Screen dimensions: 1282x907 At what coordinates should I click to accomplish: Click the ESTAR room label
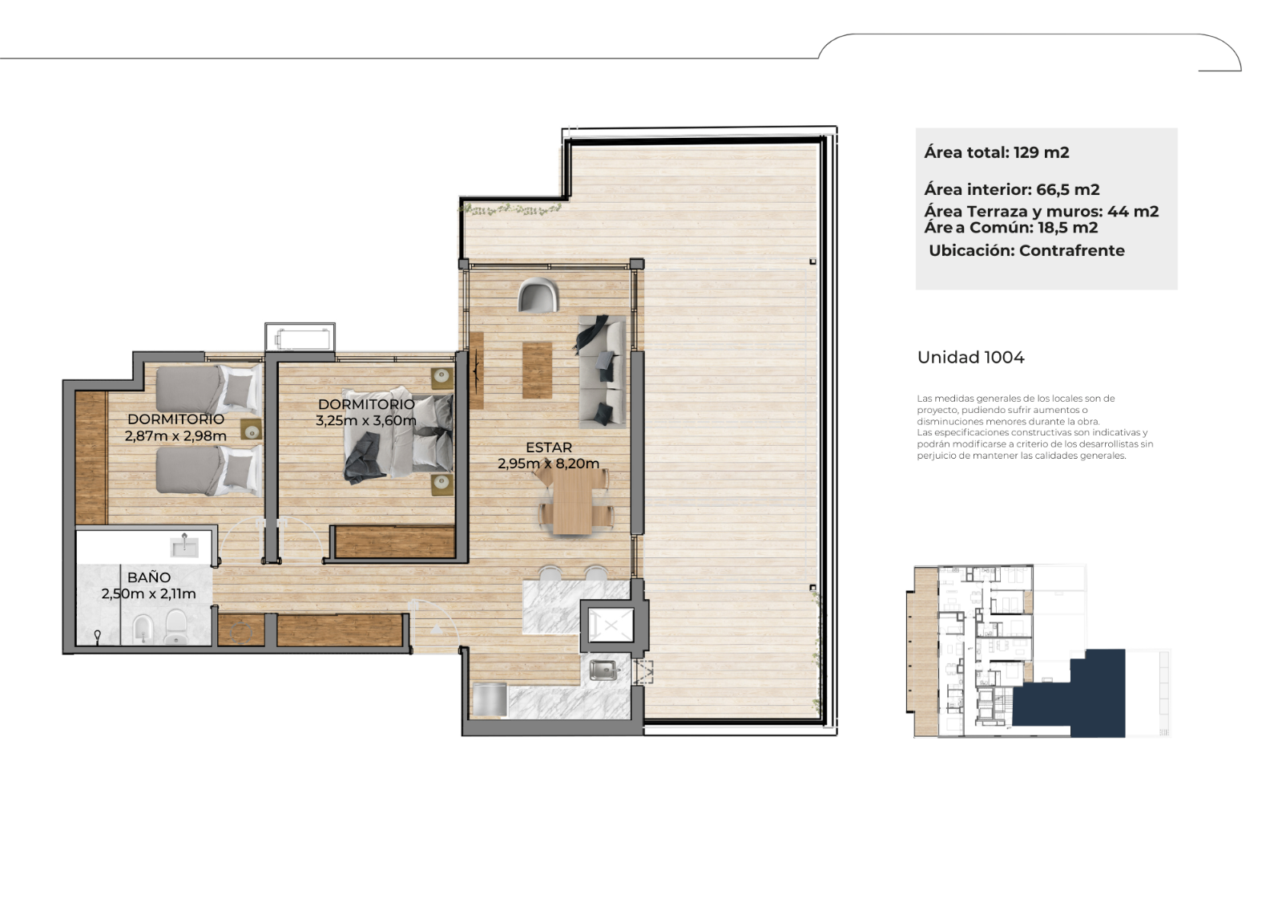(x=549, y=447)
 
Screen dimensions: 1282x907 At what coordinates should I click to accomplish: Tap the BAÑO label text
(x=149, y=577)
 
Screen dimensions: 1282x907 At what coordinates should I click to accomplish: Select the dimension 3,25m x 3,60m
(x=365, y=420)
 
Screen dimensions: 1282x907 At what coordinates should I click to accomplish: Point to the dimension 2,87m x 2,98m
(x=175, y=436)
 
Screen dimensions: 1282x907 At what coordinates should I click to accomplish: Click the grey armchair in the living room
(x=538, y=295)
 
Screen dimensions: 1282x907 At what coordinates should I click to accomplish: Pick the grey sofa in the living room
(x=602, y=370)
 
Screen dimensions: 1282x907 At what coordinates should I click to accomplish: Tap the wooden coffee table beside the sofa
(x=537, y=370)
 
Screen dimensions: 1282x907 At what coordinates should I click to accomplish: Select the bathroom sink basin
(x=184, y=547)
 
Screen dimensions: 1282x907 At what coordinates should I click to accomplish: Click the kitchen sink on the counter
(x=603, y=669)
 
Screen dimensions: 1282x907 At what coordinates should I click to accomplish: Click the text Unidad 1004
(x=970, y=358)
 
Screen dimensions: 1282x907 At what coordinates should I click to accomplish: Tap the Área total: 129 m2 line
(x=997, y=152)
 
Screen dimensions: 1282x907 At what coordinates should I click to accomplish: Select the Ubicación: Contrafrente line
(x=1026, y=250)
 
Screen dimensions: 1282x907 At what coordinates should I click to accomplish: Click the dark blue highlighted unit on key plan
(x=1076, y=699)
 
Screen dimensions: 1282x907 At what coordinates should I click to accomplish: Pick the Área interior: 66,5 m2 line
(x=1012, y=189)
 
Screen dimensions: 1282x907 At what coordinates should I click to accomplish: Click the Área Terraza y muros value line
(x=1041, y=212)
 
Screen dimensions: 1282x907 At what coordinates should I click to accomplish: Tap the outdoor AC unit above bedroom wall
(x=300, y=338)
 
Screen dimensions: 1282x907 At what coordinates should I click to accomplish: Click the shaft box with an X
(x=611, y=626)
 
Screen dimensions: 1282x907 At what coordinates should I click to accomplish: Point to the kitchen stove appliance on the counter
(x=490, y=699)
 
